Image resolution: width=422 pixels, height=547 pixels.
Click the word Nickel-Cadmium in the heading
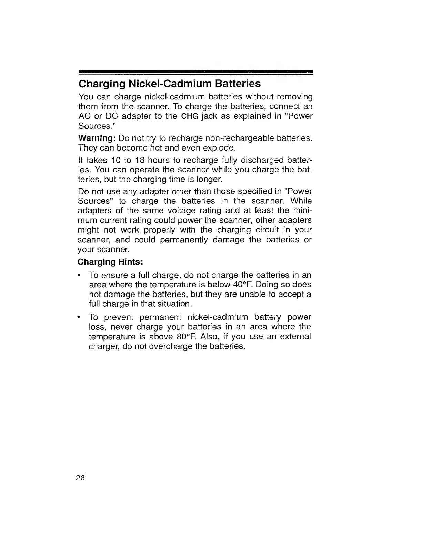click(170, 84)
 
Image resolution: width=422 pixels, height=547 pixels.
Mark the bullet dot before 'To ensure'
click(80, 275)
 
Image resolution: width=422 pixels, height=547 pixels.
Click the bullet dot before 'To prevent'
click(80, 317)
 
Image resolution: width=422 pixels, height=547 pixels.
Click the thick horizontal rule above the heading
click(195, 71)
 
